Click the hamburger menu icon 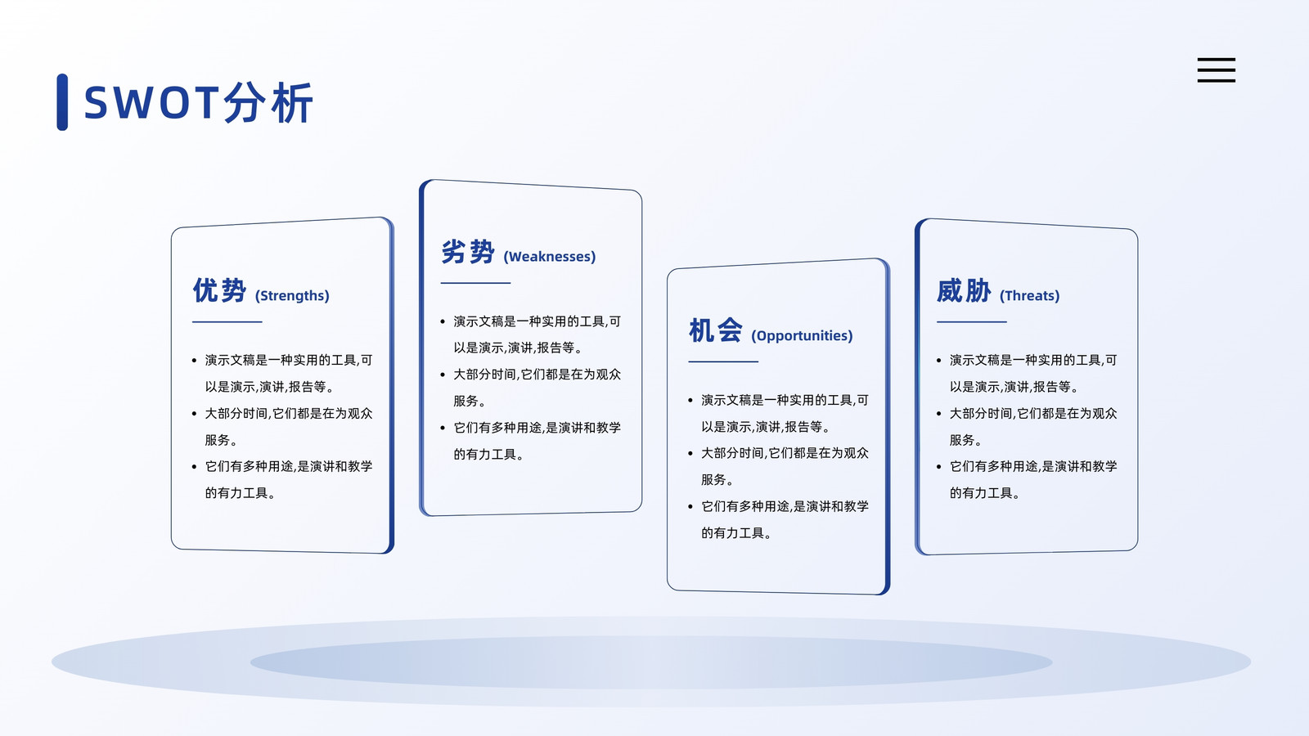(1216, 70)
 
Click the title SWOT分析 (199, 103)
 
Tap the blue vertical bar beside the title (62, 102)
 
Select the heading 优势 (220, 291)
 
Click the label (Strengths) (292, 295)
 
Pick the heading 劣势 (468, 252)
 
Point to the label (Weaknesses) (550, 257)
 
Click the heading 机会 (716, 330)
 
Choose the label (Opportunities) (803, 336)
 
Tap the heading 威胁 (965, 291)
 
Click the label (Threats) (1030, 295)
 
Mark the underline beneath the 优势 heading (227, 322)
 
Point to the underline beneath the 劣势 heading (475, 283)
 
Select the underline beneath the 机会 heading (723, 361)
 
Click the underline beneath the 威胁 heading (972, 322)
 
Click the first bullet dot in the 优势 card (195, 361)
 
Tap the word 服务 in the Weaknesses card (466, 401)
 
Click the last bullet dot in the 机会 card (690, 506)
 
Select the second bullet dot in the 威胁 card (939, 414)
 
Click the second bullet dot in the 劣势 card (443, 375)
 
